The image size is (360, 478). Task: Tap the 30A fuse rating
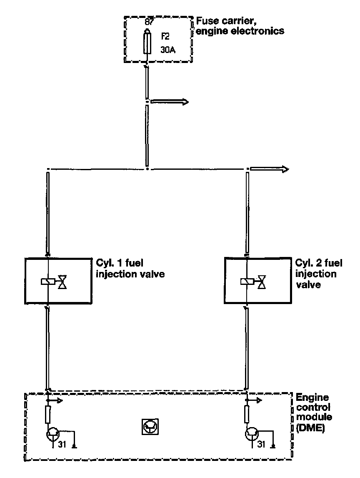[168, 50]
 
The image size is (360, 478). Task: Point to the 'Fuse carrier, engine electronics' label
[240, 25]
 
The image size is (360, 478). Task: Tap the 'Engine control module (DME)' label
[313, 413]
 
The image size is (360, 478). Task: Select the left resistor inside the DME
[48, 415]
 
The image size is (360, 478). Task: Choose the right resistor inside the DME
[248, 415]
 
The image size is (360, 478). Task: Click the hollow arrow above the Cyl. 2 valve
[269, 169]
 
